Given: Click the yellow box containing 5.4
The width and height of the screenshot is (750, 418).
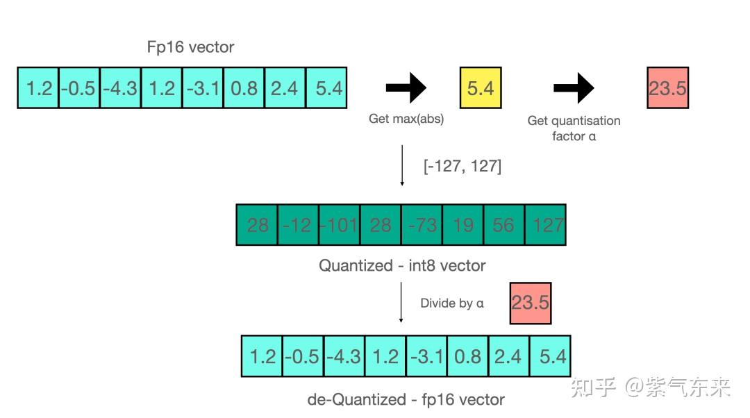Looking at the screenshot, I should pos(481,88).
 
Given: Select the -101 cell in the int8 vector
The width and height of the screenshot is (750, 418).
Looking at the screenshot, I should pos(339,225).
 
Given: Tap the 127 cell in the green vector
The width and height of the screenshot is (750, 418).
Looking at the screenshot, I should pos(545,225).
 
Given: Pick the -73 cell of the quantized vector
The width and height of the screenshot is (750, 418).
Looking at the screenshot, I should pos(422,225).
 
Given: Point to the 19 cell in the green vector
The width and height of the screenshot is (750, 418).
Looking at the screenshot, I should pos(462,225).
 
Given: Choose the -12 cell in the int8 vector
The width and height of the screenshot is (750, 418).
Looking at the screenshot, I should pos(298,225).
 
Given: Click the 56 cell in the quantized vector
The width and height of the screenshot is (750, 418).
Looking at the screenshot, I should pos(503,225).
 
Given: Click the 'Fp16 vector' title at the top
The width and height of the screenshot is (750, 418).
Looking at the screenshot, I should pos(191,47).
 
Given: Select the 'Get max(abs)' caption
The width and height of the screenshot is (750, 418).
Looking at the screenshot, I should pos(406,119).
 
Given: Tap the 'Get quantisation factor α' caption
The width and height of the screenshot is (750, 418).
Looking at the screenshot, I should pos(574,128).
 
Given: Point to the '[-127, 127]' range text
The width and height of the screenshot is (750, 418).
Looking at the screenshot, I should pos(462,167).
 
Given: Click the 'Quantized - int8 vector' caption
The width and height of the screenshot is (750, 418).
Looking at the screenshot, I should pos(402,265).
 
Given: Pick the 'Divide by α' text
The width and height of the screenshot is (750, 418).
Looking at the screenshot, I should pos(452,303).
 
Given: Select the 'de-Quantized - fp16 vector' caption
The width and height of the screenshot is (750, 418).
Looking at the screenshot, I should pos(406,399).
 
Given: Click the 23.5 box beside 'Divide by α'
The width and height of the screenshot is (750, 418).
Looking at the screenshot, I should pos(531,303).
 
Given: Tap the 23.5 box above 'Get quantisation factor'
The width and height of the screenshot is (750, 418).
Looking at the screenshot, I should pos(667,88).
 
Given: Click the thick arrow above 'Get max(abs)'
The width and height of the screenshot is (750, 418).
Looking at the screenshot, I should pos(406,88).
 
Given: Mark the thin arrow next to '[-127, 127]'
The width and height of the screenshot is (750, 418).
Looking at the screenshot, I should pos(402,166).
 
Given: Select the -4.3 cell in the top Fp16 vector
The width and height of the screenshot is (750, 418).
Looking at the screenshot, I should pos(120,88).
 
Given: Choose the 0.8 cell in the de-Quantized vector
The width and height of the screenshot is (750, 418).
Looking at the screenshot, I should pos(467,356).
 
